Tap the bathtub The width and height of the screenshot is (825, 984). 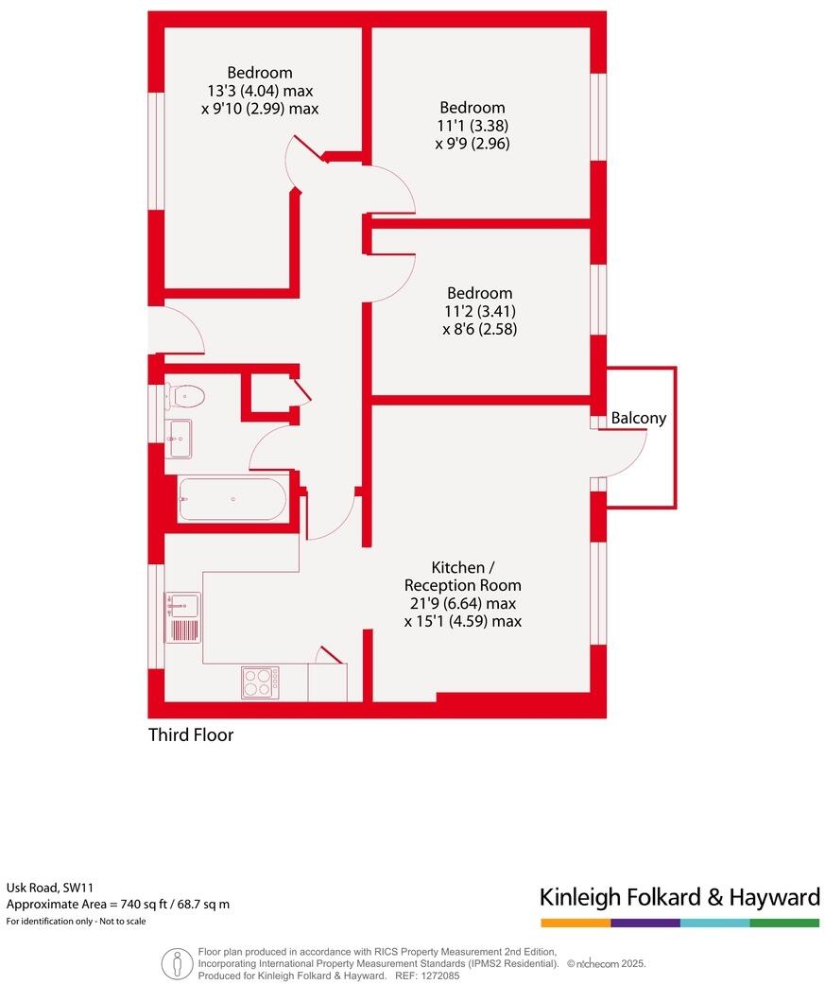click(x=232, y=499)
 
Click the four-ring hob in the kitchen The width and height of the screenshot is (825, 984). click(x=260, y=682)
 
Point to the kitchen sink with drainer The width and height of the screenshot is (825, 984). click(x=183, y=616)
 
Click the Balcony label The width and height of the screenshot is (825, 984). click(x=639, y=418)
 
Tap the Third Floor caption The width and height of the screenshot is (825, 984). click(x=191, y=734)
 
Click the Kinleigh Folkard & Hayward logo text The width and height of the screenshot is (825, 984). click(x=679, y=896)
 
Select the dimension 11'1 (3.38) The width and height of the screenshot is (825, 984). click(x=472, y=126)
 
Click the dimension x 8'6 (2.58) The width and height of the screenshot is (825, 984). click(x=480, y=330)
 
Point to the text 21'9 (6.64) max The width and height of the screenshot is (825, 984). click(x=462, y=603)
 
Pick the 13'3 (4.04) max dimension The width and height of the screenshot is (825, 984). click(x=260, y=91)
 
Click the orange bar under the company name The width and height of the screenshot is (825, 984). click(x=576, y=923)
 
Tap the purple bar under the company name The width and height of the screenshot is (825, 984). click(x=645, y=923)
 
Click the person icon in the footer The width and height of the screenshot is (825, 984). click(x=176, y=963)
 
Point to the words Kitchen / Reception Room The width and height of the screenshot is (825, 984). click(x=463, y=577)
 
